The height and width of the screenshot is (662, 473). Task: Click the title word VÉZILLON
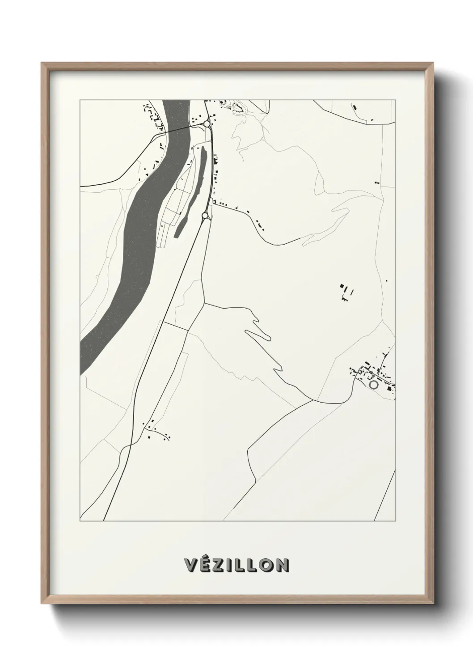pyautogui.click(x=236, y=565)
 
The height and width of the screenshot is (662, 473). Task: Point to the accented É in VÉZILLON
pyautogui.click(x=206, y=564)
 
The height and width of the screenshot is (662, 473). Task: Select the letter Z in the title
pyautogui.click(x=220, y=565)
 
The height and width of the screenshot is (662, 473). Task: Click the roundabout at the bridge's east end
pyautogui.click(x=207, y=124)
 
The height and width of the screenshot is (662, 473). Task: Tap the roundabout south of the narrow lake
pyautogui.click(x=205, y=216)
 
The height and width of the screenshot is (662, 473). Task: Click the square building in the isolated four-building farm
pyautogui.click(x=343, y=285)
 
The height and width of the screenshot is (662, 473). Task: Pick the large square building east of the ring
pyautogui.click(x=389, y=388)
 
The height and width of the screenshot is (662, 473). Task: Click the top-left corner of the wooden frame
pyautogui.click(x=42, y=63)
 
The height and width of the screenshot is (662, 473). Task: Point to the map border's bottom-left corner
pyautogui.click(x=80, y=521)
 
